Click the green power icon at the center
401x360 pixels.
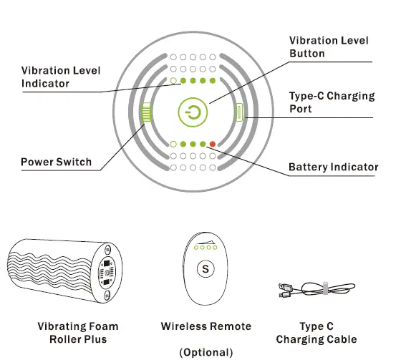(x=193, y=112)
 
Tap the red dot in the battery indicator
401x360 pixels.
(x=213, y=145)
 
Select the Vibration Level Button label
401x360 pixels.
(x=329, y=47)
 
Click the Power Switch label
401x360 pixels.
(x=56, y=162)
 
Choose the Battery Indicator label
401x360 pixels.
(x=333, y=167)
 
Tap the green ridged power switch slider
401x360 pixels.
(x=147, y=113)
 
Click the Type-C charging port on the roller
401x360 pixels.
(x=240, y=112)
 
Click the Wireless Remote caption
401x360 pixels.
(x=206, y=326)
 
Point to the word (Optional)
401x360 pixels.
(x=206, y=352)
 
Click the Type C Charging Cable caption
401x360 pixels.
(x=316, y=333)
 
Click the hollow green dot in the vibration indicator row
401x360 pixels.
(x=173, y=81)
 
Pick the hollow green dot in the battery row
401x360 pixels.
(x=173, y=145)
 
